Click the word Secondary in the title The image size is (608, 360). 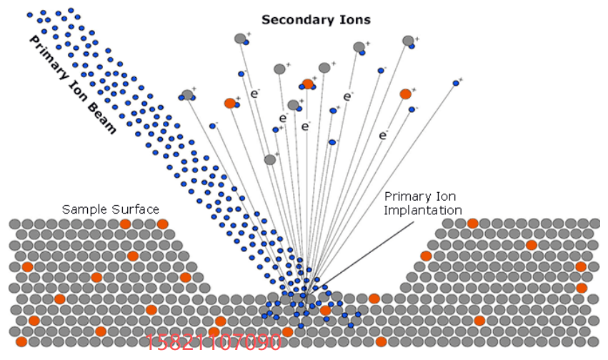tap(289, 19)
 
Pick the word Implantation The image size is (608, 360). tap(423, 210)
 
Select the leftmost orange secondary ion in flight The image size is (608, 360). tap(230, 104)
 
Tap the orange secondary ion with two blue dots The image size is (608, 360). tap(308, 84)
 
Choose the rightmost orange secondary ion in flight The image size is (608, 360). tap(405, 94)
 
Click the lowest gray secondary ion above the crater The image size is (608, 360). tap(270, 160)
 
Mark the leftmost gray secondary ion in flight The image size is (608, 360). tap(187, 95)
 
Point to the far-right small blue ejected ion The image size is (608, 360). tap(455, 84)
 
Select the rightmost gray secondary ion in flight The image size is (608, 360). tap(408, 41)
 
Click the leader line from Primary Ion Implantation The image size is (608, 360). tap(364, 246)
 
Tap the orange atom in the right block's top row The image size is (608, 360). tap(472, 224)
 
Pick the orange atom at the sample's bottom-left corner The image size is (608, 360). tap(21, 342)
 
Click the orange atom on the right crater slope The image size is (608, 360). tap(426, 256)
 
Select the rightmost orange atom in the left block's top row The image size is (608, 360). tap(162, 224)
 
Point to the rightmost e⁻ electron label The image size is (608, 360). tap(384, 134)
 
